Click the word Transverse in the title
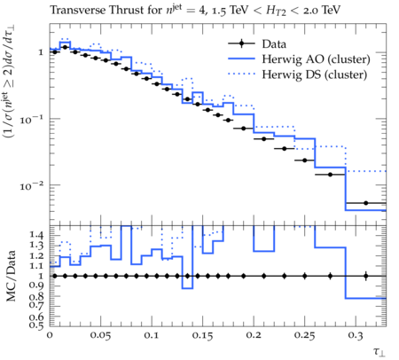[x=78, y=10]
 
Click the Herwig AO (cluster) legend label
[x=316, y=59]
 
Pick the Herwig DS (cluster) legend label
[x=315, y=74]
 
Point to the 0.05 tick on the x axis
[x=101, y=335]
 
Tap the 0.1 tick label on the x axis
[x=152, y=335]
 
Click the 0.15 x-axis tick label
[x=202, y=335]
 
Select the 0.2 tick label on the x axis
[x=254, y=335]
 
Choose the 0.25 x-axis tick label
[x=304, y=335]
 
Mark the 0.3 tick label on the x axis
[x=356, y=335]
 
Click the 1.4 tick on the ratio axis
[x=36, y=235]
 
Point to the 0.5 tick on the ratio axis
[x=36, y=325]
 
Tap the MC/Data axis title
[x=11, y=276]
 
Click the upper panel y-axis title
[x=9, y=81]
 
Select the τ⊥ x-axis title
[x=379, y=351]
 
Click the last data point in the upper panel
[x=366, y=203]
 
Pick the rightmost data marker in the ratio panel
[x=366, y=276]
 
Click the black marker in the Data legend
[x=241, y=44]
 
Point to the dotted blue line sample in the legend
[x=241, y=74]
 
